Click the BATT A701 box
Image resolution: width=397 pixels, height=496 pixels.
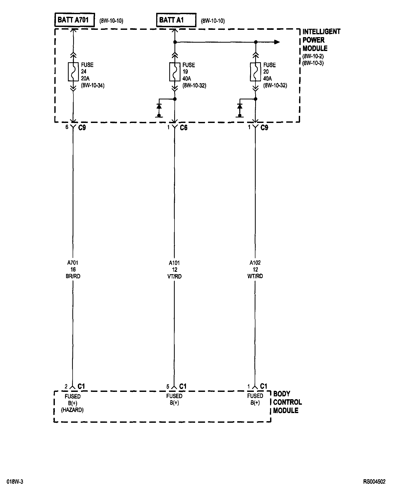pyautogui.click(x=74, y=20)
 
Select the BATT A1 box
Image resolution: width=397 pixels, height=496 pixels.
pyautogui.click(x=176, y=20)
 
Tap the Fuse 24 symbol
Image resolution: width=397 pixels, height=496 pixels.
pyautogui.click(x=73, y=71)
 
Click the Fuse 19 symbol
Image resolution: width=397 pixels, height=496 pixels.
pyautogui.click(x=175, y=71)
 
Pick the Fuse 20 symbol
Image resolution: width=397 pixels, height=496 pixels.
pyautogui.click(x=255, y=71)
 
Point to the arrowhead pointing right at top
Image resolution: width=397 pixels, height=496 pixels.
pyautogui.click(x=277, y=42)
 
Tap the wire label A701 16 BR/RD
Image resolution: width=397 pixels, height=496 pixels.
pyautogui.click(x=73, y=269)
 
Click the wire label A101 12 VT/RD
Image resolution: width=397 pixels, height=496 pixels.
pyautogui.click(x=174, y=269)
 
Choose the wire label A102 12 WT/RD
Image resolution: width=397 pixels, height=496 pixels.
pyautogui.click(x=255, y=269)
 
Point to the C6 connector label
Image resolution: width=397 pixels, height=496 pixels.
pyautogui.click(x=184, y=128)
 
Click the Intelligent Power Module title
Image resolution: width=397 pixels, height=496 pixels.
pyautogui.click(x=321, y=40)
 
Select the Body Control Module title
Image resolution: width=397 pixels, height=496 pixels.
pyautogui.click(x=287, y=402)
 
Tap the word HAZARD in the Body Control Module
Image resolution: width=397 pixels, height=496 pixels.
pyautogui.click(x=72, y=410)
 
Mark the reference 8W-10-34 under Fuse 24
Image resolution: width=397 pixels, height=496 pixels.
pyautogui.click(x=93, y=86)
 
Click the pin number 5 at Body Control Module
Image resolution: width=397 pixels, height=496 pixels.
pyautogui.click(x=168, y=387)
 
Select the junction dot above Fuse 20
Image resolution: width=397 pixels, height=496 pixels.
pyautogui.click(x=256, y=42)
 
